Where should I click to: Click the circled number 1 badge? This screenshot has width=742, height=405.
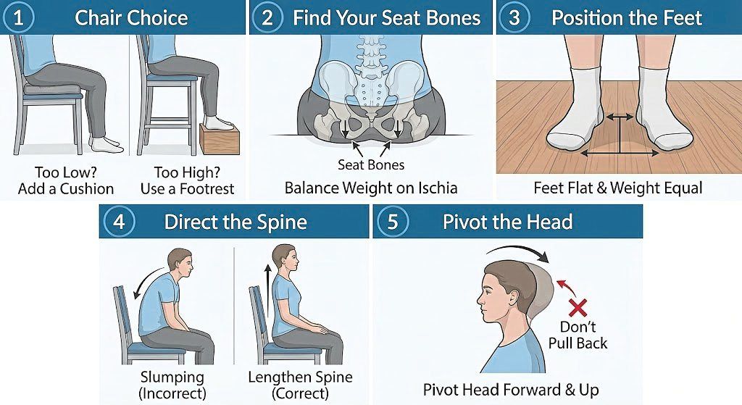(x=19, y=17)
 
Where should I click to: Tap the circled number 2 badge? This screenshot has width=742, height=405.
(x=267, y=17)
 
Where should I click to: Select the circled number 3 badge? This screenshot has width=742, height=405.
(x=514, y=17)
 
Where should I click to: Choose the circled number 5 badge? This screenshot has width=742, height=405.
(x=393, y=222)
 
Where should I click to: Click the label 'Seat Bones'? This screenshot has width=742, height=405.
(x=371, y=164)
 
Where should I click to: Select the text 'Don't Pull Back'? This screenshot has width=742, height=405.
(x=578, y=334)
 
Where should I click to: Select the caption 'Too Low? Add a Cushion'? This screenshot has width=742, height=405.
(x=65, y=181)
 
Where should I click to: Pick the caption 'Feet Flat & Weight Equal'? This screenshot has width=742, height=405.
(x=618, y=188)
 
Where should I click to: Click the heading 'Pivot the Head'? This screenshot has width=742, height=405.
(x=507, y=222)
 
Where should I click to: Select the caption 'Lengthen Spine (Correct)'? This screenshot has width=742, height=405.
(x=300, y=385)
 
